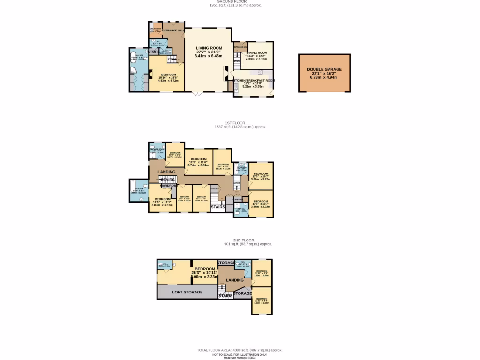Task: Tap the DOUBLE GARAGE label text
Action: (x=324, y=69)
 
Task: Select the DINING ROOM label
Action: (x=256, y=53)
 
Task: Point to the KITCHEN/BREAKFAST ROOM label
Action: (x=254, y=81)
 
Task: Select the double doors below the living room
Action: (x=198, y=93)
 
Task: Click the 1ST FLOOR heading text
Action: (x=235, y=123)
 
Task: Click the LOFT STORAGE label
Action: (x=187, y=292)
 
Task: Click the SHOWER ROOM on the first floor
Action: (x=157, y=150)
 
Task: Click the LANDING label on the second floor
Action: (x=235, y=280)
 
